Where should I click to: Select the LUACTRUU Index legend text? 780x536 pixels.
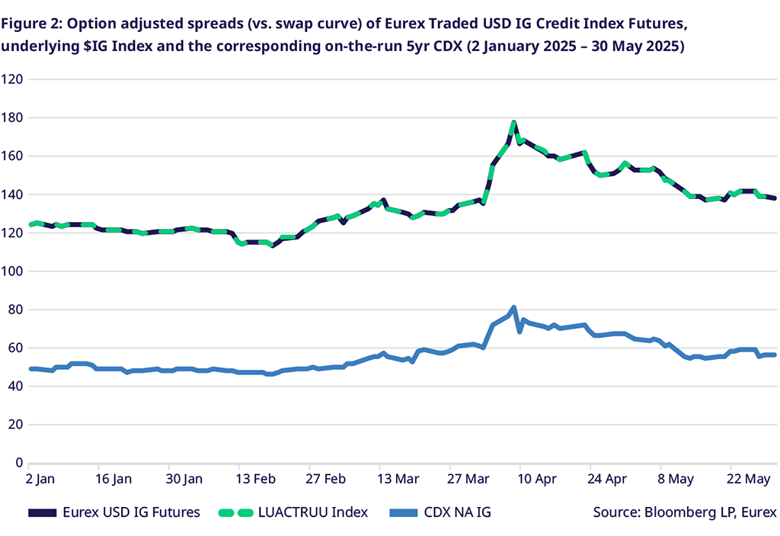click(x=312, y=512)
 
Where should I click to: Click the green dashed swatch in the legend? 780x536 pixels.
click(x=242, y=512)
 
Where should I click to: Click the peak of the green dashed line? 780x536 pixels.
click(x=514, y=123)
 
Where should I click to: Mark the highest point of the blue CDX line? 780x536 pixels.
click(x=514, y=307)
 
